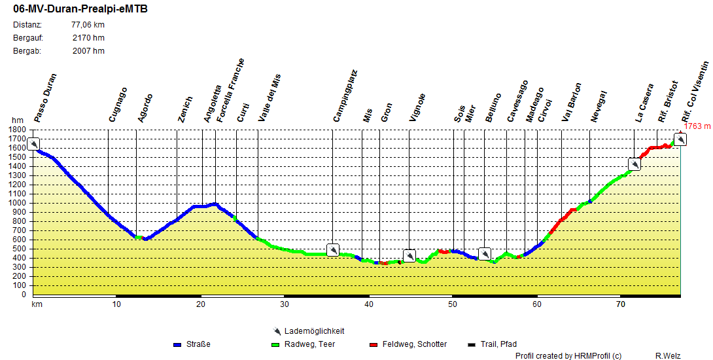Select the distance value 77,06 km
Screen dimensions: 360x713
click(x=88, y=25)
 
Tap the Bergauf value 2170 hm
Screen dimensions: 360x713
click(x=88, y=38)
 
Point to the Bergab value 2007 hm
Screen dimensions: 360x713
click(x=88, y=51)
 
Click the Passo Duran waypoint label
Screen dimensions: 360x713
click(x=46, y=98)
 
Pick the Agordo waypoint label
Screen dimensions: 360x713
click(x=145, y=108)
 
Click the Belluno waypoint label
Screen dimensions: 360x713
click(x=493, y=107)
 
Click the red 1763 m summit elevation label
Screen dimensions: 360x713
click(x=697, y=126)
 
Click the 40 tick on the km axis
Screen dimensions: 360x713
click(x=368, y=304)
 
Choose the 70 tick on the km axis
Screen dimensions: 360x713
click(x=620, y=304)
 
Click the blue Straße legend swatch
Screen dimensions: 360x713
click(x=177, y=344)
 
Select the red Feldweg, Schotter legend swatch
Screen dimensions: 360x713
click(x=374, y=344)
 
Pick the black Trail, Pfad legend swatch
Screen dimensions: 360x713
click(x=472, y=344)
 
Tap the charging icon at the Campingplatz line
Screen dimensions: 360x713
click(x=332, y=250)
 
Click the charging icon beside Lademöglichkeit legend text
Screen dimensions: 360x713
click(x=277, y=331)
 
